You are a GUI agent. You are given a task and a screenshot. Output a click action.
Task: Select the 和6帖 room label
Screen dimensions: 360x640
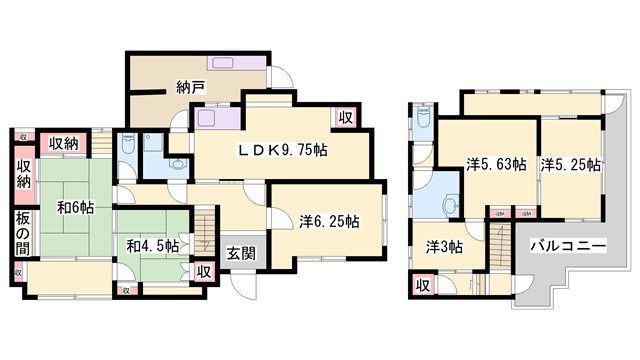tap(75, 208)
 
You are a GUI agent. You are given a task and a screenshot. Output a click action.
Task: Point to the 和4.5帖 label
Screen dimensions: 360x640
tap(153, 244)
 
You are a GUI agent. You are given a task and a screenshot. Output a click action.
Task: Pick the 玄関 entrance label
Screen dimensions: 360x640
tap(240, 253)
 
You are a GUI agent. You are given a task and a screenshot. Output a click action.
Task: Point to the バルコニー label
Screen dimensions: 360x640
tap(566, 244)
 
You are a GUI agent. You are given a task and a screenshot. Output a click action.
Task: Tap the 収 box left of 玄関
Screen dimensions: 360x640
tap(204, 271)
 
